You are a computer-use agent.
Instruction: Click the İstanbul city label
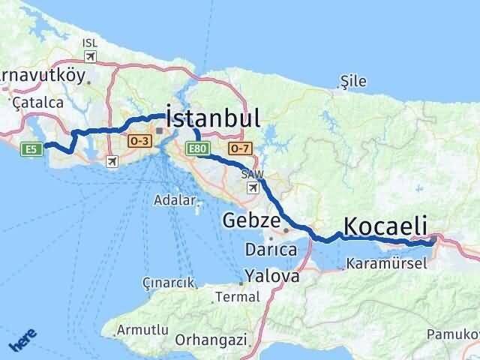coord(212,118)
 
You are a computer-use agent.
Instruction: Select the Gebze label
coord(251,221)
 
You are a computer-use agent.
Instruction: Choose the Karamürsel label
coord(387,263)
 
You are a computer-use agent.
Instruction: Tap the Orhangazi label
coord(211,340)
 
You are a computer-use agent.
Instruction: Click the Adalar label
coord(174,200)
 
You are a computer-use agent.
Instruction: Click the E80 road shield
coord(198,149)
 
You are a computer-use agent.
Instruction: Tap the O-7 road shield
coord(239,149)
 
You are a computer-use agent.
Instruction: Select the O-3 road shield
coord(139,140)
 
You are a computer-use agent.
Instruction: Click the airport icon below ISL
coord(91,56)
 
